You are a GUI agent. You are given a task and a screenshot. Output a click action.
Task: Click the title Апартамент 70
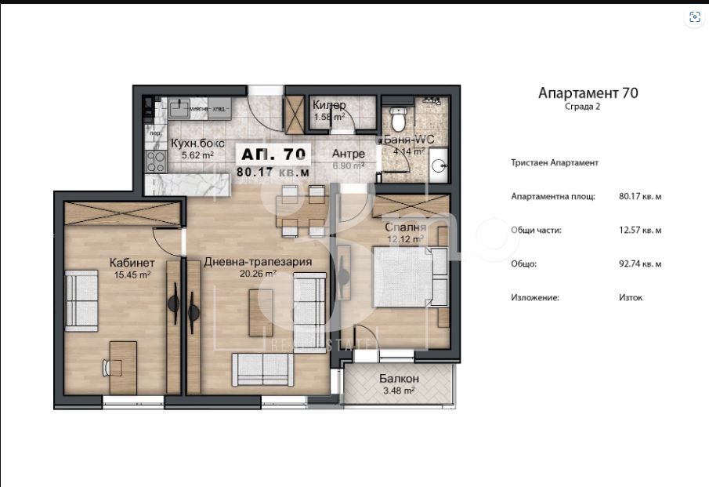click(588, 93)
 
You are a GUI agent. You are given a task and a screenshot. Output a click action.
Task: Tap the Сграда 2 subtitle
click(583, 107)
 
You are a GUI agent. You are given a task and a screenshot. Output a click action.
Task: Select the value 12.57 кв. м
click(640, 231)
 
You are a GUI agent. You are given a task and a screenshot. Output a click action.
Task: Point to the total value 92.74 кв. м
click(640, 264)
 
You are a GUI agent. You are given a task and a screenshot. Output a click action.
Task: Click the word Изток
click(631, 298)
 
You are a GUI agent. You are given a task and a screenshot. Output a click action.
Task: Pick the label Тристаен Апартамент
click(555, 162)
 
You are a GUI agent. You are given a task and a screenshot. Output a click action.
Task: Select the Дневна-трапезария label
click(259, 263)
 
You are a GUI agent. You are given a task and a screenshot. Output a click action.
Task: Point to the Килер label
click(329, 106)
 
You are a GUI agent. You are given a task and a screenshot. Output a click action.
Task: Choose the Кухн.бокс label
click(197, 144)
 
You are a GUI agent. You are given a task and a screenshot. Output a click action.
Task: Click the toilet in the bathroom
click(398, 120)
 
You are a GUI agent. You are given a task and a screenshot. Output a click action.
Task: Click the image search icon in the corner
click(693, 18)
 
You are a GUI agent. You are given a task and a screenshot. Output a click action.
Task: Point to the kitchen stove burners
click(154, 160)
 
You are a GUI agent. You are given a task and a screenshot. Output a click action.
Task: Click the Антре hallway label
click(348, 153)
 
